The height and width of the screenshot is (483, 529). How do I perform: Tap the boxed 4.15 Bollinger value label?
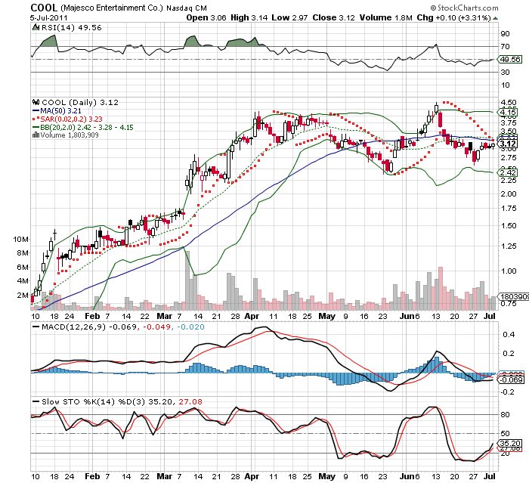(x=507, y=112)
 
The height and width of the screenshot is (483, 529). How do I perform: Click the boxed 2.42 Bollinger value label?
(x=507, y=173)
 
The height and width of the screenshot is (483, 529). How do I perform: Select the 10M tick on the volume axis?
(x=20, y=239)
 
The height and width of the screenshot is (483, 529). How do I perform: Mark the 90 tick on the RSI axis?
(x=504, y=33)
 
